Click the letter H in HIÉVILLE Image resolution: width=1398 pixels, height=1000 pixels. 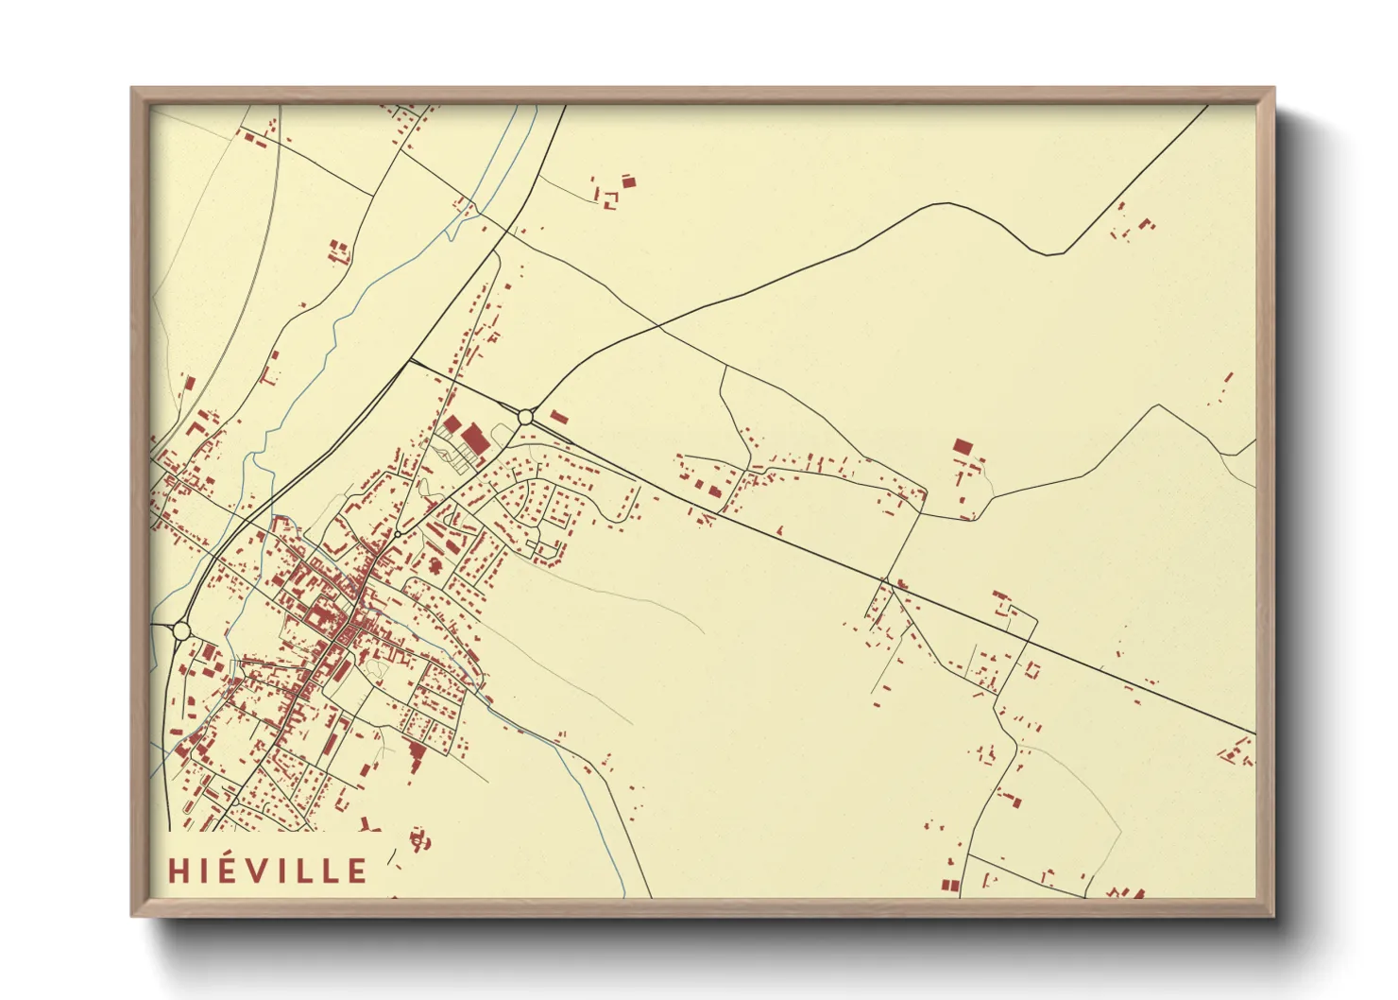tap(179, 871)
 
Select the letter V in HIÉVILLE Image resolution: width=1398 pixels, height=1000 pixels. tap(264, 871)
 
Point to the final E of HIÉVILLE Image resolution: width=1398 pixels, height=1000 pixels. tap(357, 871)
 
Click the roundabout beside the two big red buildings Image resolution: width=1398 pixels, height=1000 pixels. tap(525, 417)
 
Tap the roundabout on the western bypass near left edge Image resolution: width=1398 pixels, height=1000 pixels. tap(181, 629)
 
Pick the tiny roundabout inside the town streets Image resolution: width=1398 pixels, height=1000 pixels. tap(399, 534)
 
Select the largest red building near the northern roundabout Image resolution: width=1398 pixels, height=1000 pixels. tap(474, 439)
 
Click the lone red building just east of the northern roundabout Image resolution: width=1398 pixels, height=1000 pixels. tap(560, 417)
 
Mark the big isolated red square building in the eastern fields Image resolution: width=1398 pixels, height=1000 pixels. tap(963, 447)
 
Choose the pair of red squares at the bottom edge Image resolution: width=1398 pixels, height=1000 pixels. tap(949, 885)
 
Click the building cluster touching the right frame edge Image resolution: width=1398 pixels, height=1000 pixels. tap(1237, 753)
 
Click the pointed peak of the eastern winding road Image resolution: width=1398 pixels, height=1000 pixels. tap(1159, 406)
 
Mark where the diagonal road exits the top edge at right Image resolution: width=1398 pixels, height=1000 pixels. tap(1207, 106)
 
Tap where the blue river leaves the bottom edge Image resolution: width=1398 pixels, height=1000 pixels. tap(624, 896)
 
